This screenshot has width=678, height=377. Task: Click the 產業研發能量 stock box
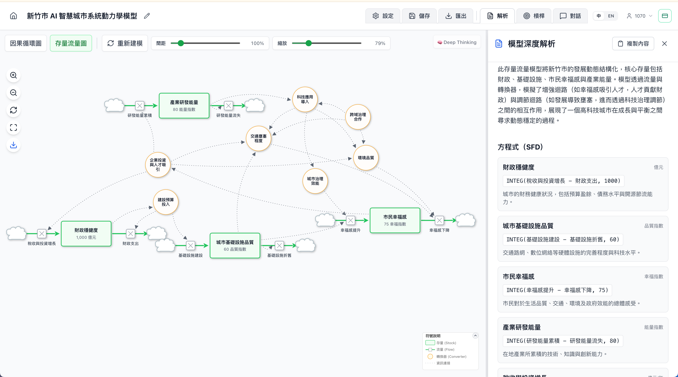point(184,106)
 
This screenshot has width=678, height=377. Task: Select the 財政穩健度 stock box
point(86,233)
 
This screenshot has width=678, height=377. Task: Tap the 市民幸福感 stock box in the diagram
point(395,220)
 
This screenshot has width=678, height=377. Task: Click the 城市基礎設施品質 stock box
point(235,246)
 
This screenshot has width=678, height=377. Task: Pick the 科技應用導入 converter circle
point(305,99)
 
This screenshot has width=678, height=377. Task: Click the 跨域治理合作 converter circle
point(358,117)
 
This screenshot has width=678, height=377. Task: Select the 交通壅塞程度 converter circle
point(258,139)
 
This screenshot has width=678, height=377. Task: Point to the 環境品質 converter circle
point(366,158)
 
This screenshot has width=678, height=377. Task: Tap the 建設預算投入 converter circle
point(166,202)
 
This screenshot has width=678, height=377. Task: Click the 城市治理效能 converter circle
point(315,181)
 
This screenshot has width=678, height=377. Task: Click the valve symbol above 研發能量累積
point(140,106)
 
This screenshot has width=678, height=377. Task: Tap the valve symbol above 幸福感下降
point(439,220)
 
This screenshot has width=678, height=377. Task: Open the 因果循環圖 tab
point(26,43)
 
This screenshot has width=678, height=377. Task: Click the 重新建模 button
point(125,43)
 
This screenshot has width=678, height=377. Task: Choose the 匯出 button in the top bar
point(456,16)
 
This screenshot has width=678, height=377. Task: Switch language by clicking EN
point(611,16)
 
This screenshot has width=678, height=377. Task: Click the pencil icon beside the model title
point(147,16)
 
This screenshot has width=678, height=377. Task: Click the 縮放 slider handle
point(308,43)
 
